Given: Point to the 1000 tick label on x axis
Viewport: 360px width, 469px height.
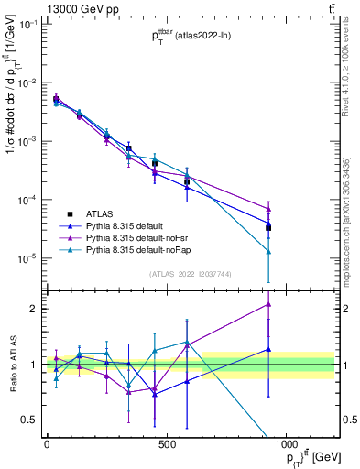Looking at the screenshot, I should pyautogui.click(x=286, y=444).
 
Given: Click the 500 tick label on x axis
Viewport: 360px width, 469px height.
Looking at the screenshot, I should pyautogui.click(x=166, y=444).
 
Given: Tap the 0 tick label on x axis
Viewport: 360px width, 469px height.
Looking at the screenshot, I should pyautogui.click(x=46, y=444).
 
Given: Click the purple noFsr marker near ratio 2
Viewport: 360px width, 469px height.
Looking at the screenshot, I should pyautogui.click(x=268, y=304).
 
